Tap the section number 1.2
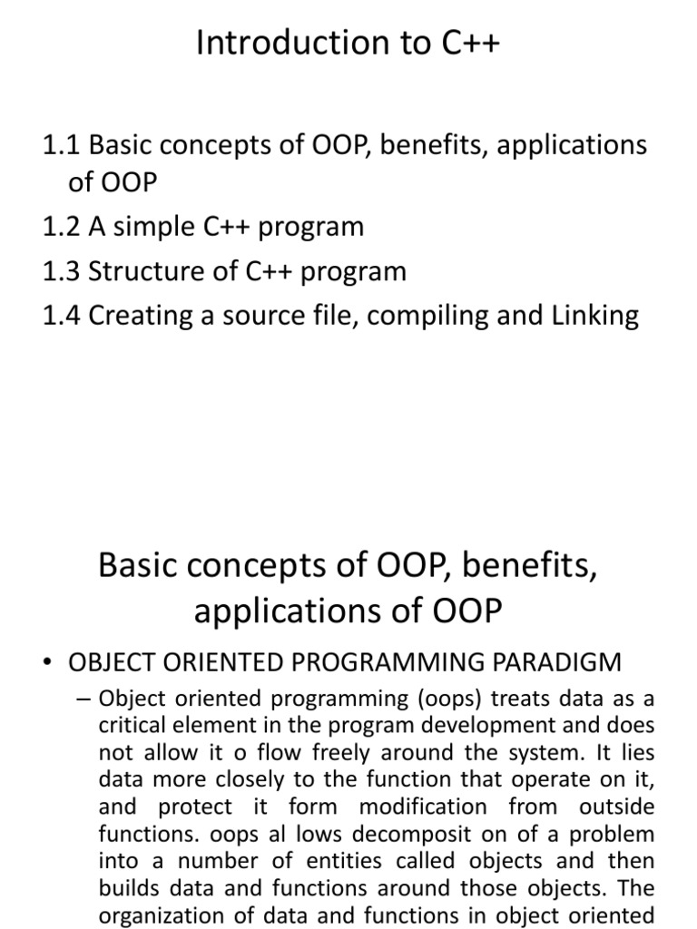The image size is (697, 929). click(62, 226)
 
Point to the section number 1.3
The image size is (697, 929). click(62, 270)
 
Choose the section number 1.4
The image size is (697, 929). click(62, 315)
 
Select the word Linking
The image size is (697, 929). click(594, 315)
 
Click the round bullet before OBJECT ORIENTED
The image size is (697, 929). click(47, 663)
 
